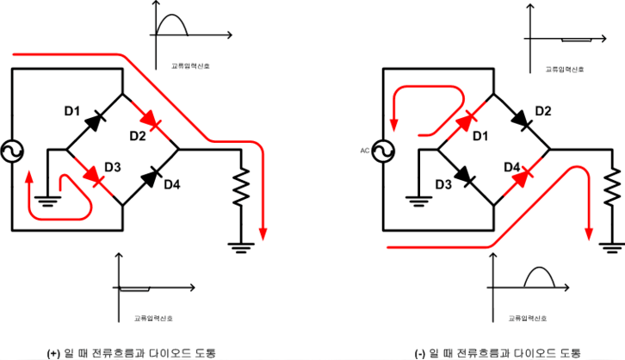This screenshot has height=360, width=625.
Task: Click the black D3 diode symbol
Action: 466,178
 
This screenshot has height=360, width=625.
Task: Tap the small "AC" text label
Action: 364,151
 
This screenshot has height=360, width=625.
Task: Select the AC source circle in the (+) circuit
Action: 13,152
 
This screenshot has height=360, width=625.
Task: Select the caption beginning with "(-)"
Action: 498,352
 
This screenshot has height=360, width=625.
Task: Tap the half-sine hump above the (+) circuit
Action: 171,25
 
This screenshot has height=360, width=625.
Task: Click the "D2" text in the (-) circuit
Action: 542,111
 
